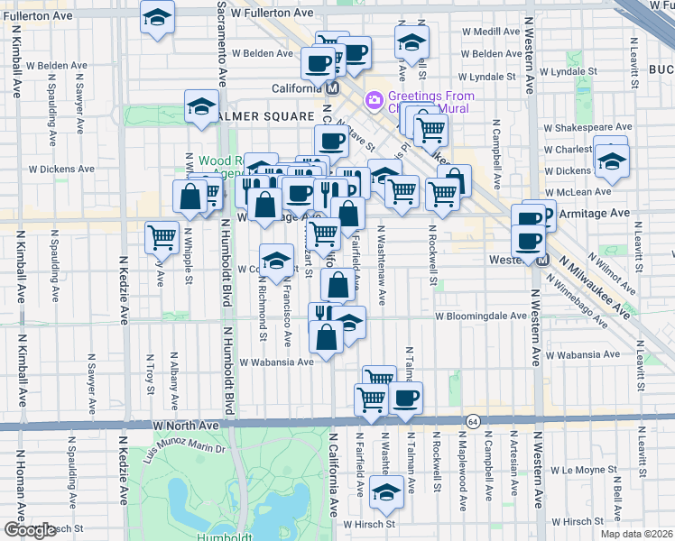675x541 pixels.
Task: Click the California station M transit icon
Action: [x=332, y=88]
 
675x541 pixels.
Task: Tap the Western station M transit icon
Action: [x=542, y=260]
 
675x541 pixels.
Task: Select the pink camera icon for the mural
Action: [x=372, y=98]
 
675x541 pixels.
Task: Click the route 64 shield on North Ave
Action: [x=473, y=422]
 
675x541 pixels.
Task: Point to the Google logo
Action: [x=30, y=530]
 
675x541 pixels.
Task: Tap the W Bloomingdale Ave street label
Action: [x=480, y=316]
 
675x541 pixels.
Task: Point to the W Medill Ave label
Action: [x=490, y=31]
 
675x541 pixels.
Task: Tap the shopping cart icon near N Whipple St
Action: [x=162, y=236]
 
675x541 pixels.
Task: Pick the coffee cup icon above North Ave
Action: [x=405, y=397]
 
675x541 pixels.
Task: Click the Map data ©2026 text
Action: [x=636, y=534]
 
